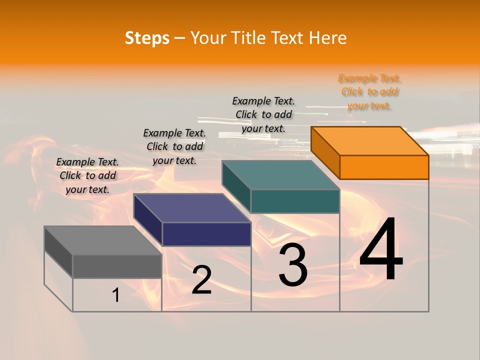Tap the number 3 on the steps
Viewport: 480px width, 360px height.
click(292, 265)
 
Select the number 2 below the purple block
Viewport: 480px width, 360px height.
click(201, 280)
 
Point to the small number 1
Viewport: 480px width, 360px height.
click(115, 295)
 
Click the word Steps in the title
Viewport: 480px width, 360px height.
click(147, 38)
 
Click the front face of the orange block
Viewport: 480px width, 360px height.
click(384, 167)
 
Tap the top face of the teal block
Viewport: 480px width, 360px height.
click(281, 175)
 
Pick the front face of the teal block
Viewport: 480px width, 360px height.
click(295, 201)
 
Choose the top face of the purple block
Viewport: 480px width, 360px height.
click(192, 208)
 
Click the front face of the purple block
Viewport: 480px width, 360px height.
click(206, 234)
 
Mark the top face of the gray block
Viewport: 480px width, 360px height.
click(103, 240)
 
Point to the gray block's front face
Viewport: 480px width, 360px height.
click(117, 266)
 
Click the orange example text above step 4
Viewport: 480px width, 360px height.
click(369, 92)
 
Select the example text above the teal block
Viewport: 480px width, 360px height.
click(263, 114)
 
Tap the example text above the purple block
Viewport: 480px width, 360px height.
click(174, 146)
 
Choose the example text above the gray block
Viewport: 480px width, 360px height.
click(87, 175)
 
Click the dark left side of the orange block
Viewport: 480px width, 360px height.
click(325, 152)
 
